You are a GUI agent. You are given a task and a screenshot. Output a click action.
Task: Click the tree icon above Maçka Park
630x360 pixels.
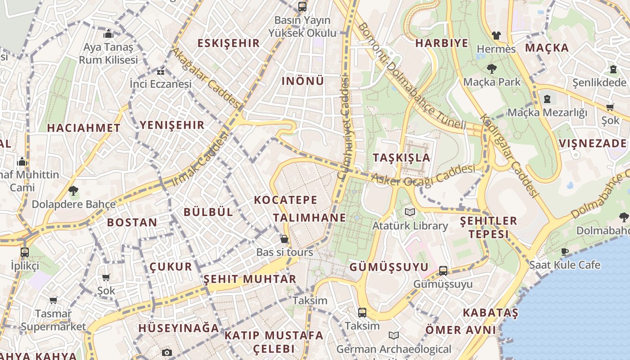click(x=491, y=69)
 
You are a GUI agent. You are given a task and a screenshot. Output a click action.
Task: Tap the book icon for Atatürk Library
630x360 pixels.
click(x=409, y=212)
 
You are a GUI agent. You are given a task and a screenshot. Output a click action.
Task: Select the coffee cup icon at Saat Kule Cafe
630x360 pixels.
click(x=565, y=252)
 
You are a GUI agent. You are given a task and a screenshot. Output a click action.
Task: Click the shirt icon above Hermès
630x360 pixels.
click(x=496, y=35)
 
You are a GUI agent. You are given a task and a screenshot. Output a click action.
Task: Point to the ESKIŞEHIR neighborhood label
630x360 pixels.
click(x=229, y=43)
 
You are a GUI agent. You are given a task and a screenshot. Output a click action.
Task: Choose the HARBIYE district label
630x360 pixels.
click(x=441, y=43)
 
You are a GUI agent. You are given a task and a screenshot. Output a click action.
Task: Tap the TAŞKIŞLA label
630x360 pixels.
click(x=401, y=158)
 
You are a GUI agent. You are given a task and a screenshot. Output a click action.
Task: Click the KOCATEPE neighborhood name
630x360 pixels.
click(x=286, y=200)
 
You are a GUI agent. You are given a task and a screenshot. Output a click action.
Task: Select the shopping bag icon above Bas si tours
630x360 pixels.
click(x=284, y=239)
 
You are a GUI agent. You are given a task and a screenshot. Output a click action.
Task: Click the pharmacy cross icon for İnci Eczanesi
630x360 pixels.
click(x=161, y=72)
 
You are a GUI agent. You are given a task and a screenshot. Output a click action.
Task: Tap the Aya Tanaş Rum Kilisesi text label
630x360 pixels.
click(x=108, y=53)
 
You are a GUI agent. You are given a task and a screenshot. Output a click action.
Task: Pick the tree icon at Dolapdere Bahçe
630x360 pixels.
click(x=73, y=190)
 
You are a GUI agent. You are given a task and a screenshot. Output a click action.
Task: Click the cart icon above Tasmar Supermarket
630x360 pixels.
click(x=53, y=300)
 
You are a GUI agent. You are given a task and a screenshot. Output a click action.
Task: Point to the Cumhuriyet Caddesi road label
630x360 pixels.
click(x=344, y=128)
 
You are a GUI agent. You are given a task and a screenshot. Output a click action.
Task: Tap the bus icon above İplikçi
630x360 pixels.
click(x=25, y=252)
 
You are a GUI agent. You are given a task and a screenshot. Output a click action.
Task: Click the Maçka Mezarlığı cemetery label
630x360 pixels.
click(x=547, y=112)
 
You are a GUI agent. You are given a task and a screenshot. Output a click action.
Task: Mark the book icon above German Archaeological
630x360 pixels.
click(x=393, y=336)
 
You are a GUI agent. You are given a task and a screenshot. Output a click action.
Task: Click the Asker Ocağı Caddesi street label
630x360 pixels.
click(x=423, y=175)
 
